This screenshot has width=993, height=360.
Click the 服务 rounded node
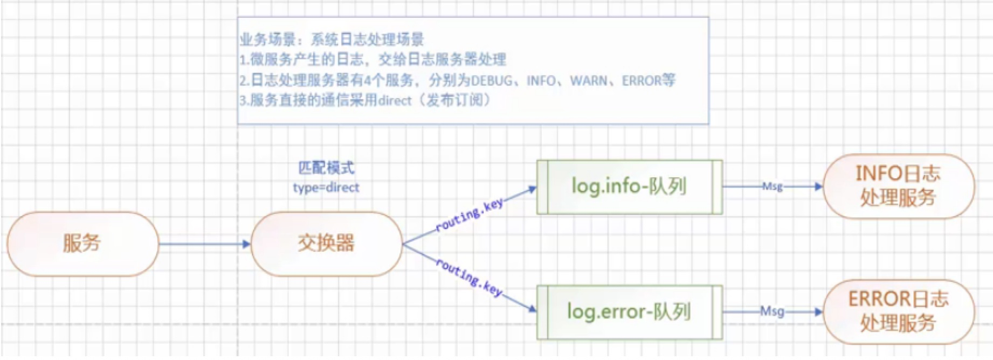82,244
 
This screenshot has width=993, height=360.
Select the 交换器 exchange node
326,244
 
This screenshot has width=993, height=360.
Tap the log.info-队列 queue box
629,186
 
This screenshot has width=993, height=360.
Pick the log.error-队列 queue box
629,312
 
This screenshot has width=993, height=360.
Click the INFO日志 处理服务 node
898,186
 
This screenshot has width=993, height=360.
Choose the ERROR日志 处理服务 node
898,311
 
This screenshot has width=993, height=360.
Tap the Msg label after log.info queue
772,186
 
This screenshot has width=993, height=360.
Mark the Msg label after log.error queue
772,311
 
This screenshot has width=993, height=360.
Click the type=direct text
326,188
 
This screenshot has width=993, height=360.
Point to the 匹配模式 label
326,168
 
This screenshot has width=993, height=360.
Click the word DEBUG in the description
492,81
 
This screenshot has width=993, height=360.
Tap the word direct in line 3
395,100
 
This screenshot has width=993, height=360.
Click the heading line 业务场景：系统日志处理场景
332,39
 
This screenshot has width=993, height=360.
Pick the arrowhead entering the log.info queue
533,189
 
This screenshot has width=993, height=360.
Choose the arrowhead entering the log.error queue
533,309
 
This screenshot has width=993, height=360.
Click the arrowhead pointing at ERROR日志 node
819,311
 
